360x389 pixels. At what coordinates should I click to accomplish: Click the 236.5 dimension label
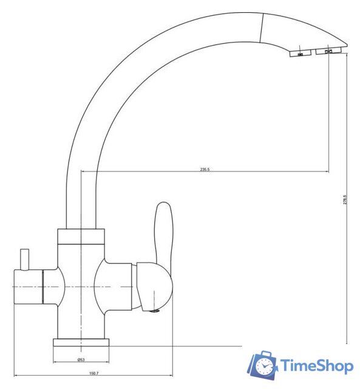[205, 170]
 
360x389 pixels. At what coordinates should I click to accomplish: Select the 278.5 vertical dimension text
[344, 200]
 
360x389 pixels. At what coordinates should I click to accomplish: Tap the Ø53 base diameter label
[81, 360]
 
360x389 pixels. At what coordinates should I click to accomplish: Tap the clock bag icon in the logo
[262, 365]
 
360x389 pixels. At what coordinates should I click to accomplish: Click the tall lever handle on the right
[163, 232]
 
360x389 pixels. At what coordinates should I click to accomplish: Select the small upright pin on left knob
[25, 260]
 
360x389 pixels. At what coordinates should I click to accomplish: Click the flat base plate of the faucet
[81, 342]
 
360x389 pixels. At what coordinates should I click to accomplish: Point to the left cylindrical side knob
[28, 286]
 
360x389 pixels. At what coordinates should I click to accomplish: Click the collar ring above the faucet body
[81, 237]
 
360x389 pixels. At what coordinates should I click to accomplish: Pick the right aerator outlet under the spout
[328, 52]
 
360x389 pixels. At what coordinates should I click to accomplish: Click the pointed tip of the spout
[346, 43]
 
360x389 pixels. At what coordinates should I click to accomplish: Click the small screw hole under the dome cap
[154, 312]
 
